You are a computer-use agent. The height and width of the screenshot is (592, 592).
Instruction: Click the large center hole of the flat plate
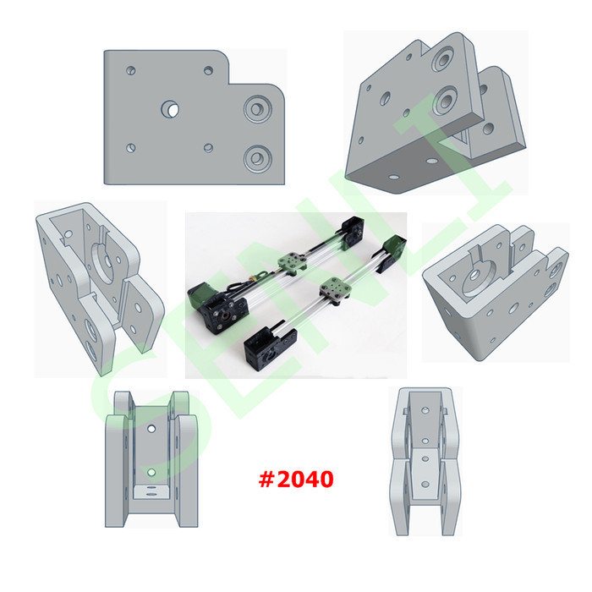tap(171, 109)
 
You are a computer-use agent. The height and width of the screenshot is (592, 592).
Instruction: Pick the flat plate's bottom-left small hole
tap(130, 148)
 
